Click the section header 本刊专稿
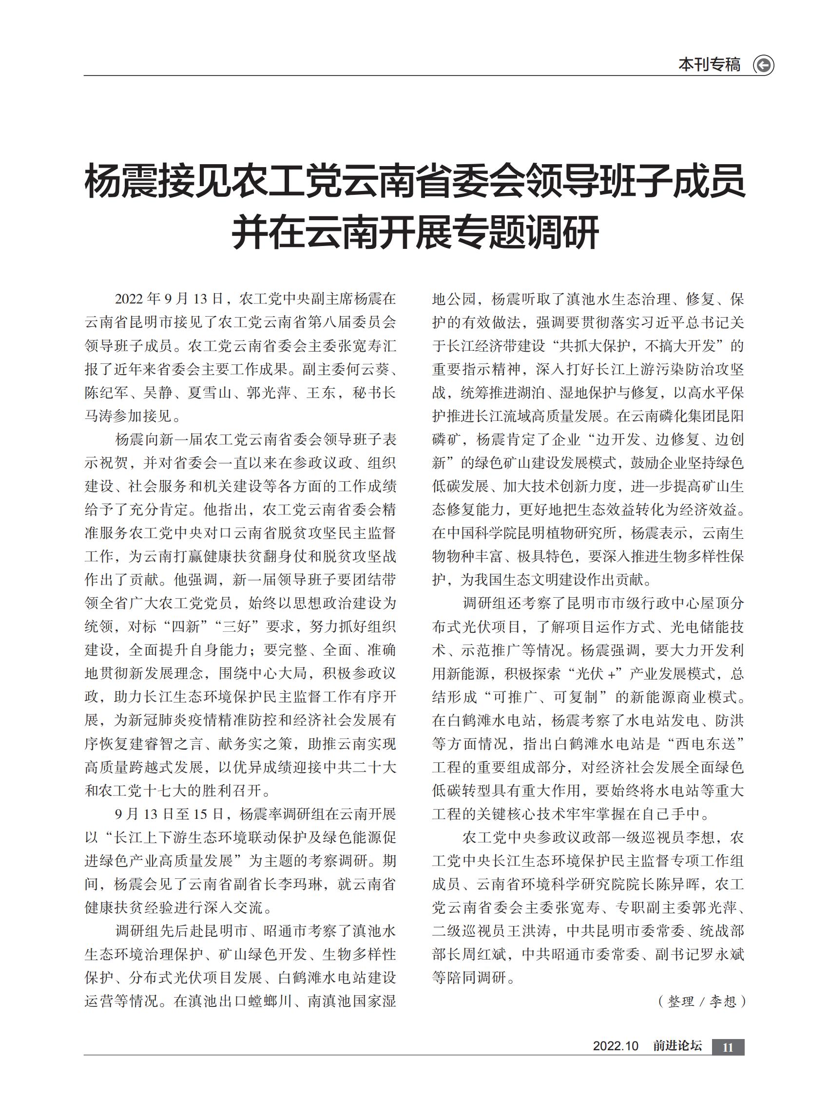(709, 65)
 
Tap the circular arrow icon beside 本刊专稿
(764, 65)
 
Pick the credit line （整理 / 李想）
(701, 1001)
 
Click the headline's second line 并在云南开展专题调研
(415, 232)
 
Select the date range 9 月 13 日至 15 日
(169, 813)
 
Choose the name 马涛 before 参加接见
(99, 416)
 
